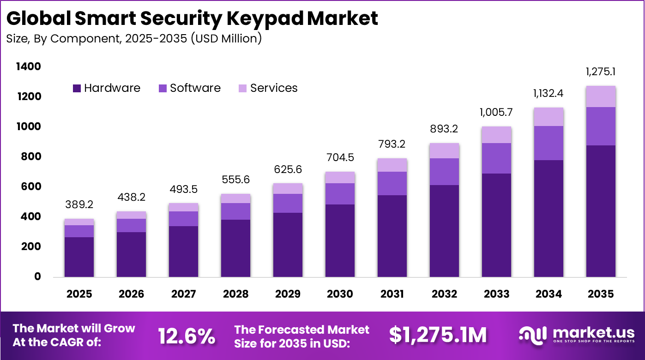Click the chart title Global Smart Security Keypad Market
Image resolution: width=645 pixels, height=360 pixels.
(192, 18)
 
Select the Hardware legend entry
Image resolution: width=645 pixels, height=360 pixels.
(107, 88)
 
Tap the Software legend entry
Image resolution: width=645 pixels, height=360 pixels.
(190, 88)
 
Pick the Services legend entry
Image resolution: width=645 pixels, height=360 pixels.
(268, 88)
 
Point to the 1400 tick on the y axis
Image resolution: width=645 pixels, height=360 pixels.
(29, 67)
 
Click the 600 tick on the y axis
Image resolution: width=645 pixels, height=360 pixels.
(31, 187)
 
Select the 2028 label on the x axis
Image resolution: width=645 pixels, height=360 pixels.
(235, 294)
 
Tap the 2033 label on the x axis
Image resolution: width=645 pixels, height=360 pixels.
(496, 294)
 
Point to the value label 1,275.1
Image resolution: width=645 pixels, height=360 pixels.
(601, 72)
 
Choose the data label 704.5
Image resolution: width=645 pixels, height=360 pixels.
(340, 158)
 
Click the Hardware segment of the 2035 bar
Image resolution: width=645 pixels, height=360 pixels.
(601, 211)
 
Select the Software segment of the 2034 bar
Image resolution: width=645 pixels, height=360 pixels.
(549, 143)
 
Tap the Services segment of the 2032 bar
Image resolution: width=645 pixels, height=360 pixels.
(444, 150)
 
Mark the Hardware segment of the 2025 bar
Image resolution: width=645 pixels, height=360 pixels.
(79, 257)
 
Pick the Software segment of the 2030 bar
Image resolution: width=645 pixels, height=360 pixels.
(340, 194)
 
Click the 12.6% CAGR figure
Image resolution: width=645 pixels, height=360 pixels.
(187, 336)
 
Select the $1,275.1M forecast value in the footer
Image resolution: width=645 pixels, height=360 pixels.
(437, 336)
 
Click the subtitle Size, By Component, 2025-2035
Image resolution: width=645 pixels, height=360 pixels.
(134, 38)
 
